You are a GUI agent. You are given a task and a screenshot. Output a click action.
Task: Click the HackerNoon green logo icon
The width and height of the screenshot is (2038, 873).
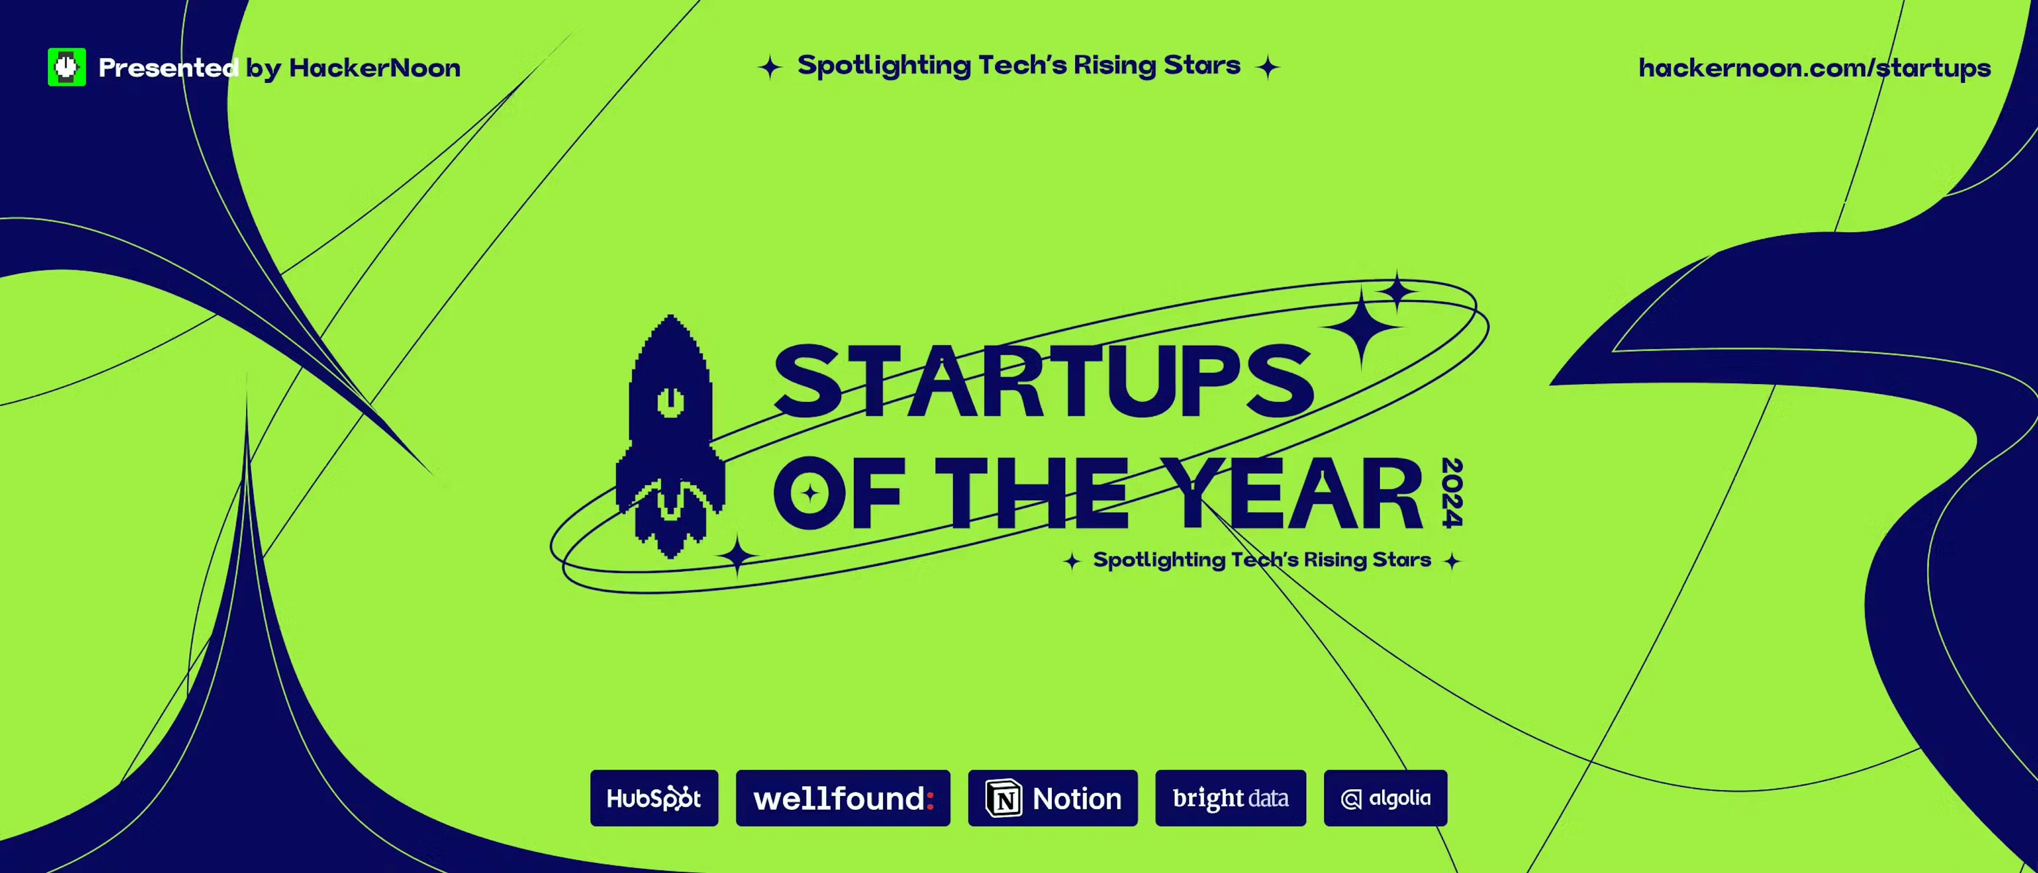(x=66, y=67)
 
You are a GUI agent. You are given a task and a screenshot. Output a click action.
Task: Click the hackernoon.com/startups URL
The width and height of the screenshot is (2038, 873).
(x=1814, y=68)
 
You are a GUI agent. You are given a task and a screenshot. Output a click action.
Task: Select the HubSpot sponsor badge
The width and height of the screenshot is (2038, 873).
(x=653, y=798)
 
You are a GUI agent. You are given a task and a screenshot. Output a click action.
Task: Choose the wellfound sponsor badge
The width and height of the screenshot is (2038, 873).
(x=843, y=798)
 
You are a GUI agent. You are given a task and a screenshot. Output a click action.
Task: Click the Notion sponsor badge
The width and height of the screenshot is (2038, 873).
(x=1052, y=798)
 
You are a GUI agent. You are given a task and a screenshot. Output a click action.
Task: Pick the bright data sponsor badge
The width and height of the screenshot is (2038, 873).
(x=1230, y=798)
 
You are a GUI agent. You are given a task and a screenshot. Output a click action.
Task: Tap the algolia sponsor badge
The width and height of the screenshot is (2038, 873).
(x=1385, y=798)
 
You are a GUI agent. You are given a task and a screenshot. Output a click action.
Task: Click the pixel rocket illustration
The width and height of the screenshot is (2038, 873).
(x=670, y=435)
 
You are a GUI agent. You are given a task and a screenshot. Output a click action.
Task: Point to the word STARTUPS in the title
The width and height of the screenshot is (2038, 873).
(x=1043, y=381)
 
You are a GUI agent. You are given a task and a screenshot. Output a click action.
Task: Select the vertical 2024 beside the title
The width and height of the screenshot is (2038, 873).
(x=1452, y=492)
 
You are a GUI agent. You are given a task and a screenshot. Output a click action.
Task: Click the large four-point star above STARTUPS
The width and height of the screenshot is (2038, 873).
(x=1361, y=326)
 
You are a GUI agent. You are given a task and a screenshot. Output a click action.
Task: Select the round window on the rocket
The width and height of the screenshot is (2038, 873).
(x=670, y=401)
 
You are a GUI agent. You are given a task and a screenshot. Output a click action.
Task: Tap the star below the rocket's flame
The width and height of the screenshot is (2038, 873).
(x=737, y=555)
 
